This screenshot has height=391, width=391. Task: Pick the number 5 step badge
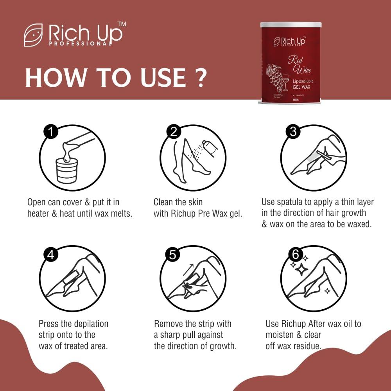173,255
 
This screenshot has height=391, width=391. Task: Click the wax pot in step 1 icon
67,171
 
